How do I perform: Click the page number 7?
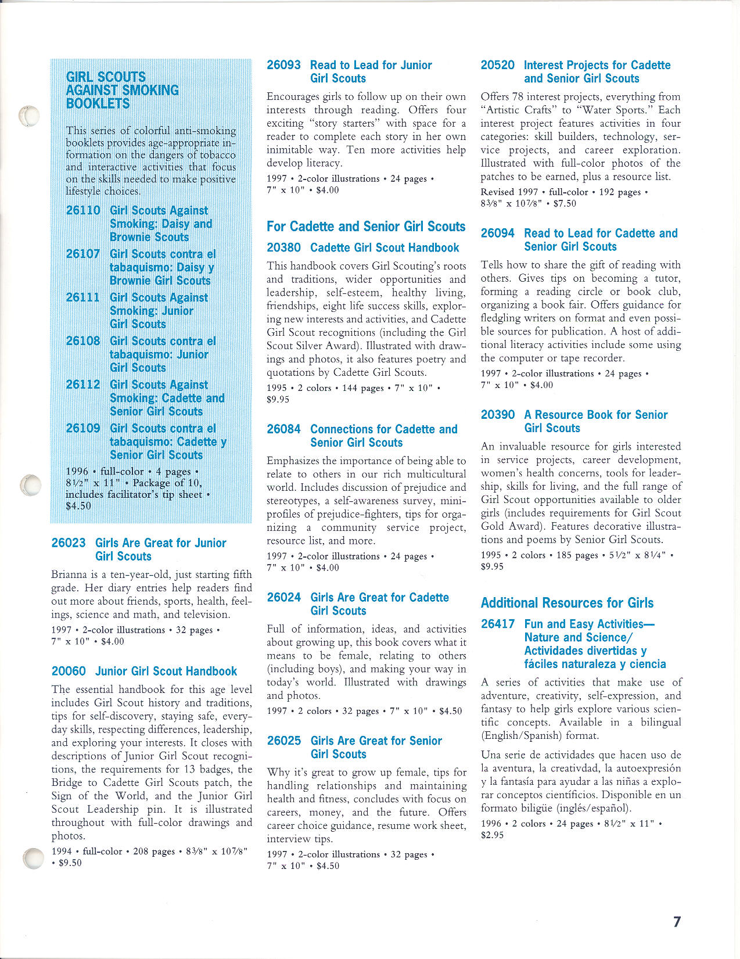click(677, 922)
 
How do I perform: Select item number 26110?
click(83, 210)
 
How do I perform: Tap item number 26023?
click(69, 543)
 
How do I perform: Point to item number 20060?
click(69, 671)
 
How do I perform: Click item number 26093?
click(283, 65)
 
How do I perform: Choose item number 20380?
click(283, 248)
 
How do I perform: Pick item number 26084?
click(283, 429)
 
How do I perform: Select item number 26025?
click(284, 741)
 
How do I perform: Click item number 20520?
click(497, 65)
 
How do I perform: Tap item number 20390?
click(498, 415)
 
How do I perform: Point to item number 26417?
click(498, 624)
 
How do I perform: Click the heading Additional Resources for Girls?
click(567, 603)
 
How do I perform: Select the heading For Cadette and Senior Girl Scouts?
click(366, 227)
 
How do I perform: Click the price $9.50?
click(70, 863)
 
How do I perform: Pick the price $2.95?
click(492, 835)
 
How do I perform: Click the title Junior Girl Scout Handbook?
click(166, 671)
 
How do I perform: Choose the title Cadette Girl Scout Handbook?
click(385, 248)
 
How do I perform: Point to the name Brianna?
click(69, 574)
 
